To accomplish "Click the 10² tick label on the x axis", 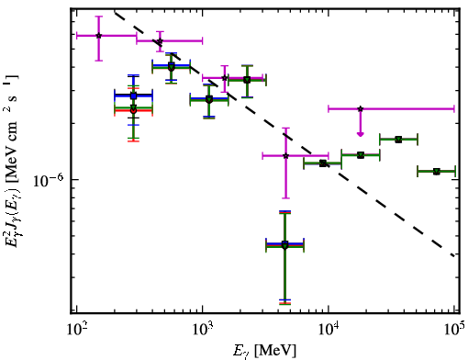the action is (76, 329).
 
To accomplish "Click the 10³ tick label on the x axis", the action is (202, 329).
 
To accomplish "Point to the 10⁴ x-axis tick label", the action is (329, 329).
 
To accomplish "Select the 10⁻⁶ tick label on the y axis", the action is (47, 180).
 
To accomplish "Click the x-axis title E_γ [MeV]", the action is (264, 351).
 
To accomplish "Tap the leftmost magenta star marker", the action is (98, 36).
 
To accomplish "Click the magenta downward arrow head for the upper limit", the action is (361, 134).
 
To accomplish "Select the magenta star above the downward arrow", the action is (361, 108).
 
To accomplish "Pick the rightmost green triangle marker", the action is (437, 172).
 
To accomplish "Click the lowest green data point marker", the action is (284, 245).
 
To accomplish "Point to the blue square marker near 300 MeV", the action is (133, 96).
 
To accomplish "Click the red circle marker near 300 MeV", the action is (133, 110).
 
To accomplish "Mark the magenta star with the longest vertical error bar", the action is (285, 156).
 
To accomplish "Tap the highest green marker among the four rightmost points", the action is (398, 140).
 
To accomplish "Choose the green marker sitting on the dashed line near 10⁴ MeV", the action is (322, 163).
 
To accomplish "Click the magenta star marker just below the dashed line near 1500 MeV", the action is (225, 78).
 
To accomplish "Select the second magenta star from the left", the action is (160, 41).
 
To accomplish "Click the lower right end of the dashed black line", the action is (454, 256).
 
